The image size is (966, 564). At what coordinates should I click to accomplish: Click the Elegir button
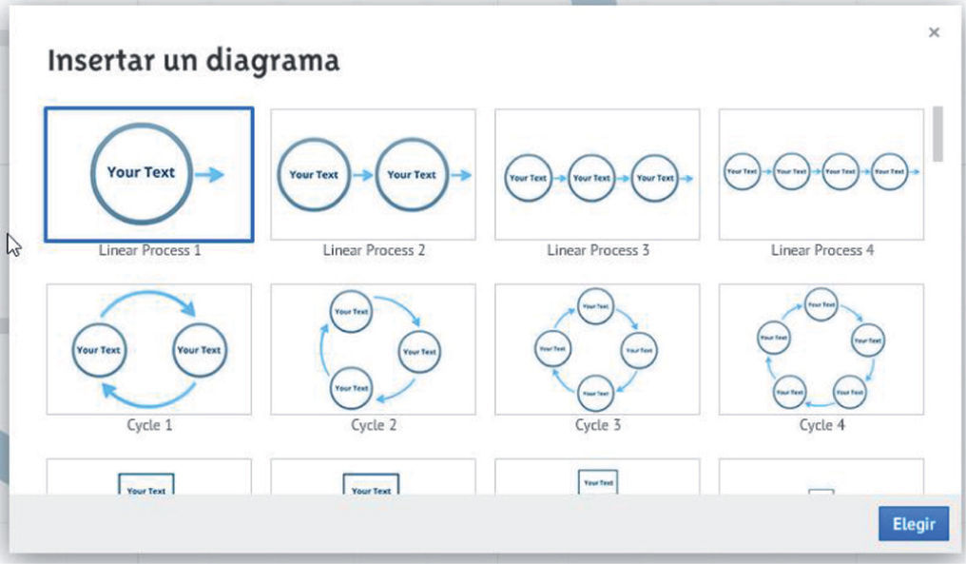pyautogui.click(x=913, y=523)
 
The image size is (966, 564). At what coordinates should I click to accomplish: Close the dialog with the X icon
pyautogui.click(x=934, y=32)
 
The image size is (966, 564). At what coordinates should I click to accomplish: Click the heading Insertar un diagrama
pyautogui.click(x=193, y=61)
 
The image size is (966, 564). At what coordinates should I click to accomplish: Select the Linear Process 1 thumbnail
pyautogui.click(x=149, y=174)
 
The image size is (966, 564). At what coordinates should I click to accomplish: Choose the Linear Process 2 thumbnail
pyautogui.click(x=373, y=174)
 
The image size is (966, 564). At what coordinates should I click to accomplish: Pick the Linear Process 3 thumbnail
pyautogui.click(x=597, y=174)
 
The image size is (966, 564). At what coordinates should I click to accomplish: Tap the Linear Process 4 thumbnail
pyautogui.click(x=821, y=174)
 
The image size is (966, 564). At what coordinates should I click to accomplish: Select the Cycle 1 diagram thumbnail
pyautogui.click(x=149, y=349)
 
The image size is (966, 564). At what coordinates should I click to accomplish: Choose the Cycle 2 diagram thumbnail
pyautogui.click(x=373, y=349)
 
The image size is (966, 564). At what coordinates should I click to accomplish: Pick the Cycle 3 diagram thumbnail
pyautogui.click(x=597, y=349)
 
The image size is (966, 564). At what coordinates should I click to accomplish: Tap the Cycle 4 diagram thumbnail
pyautogui.click(x=821, y=349)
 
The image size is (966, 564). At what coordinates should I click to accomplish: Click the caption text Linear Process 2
pyautogui.click(x=374, y=250)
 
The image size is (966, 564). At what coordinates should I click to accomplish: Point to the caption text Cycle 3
pyautogui.click(x=597, y=425)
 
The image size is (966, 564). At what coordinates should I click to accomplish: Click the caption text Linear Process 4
pyautogui.click(x=821, y=250)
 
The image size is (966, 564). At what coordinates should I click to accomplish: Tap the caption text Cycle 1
pyautogui.click(x=149, y=425)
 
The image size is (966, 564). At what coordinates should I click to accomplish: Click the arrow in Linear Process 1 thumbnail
pyautogui.click(x=210, y=174)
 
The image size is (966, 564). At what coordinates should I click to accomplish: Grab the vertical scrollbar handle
pyautogui.click(x=938, y=133)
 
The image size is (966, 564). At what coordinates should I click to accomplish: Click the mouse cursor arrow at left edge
pyautogui.click(x=12, y=244)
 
